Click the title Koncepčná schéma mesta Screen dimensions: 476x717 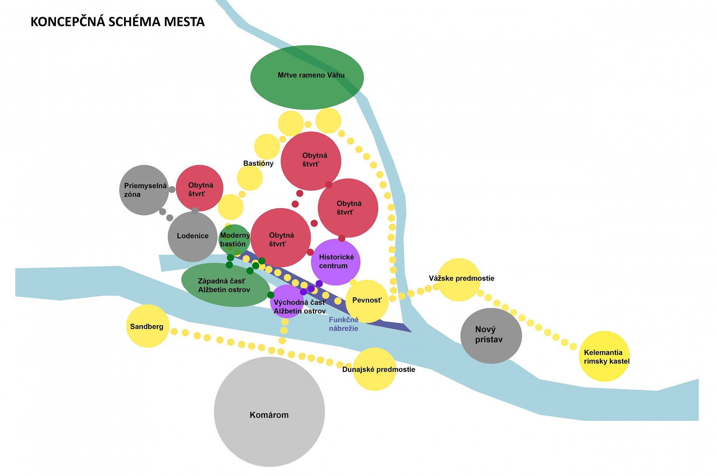[118, 22]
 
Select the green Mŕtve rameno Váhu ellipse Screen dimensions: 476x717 [307, 77]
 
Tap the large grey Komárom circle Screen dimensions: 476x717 [269, 412]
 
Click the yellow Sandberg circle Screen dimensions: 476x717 [147, 326]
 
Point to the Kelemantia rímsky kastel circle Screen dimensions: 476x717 [604, 356]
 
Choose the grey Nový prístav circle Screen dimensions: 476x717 [491, 336]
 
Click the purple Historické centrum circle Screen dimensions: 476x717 [336, 262]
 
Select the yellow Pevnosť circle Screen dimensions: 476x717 [367, 301]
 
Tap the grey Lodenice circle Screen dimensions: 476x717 [192, 236]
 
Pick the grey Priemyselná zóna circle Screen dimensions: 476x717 [144, 190]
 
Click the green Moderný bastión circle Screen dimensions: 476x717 [234, 240]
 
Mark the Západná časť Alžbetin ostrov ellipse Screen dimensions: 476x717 [225, 285]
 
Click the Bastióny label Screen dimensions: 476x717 [258, 163]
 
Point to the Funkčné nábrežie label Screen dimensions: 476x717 [344, 324]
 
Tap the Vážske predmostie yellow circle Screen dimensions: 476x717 [458, 280]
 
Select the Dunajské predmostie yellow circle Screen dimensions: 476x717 [374, 369]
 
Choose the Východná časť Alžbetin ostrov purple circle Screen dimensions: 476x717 [287, 302]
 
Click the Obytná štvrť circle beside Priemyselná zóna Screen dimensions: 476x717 [200, 188]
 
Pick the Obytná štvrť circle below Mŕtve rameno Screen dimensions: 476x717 [311, 161]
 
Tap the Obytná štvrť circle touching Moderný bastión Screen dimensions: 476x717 [280, 238]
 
